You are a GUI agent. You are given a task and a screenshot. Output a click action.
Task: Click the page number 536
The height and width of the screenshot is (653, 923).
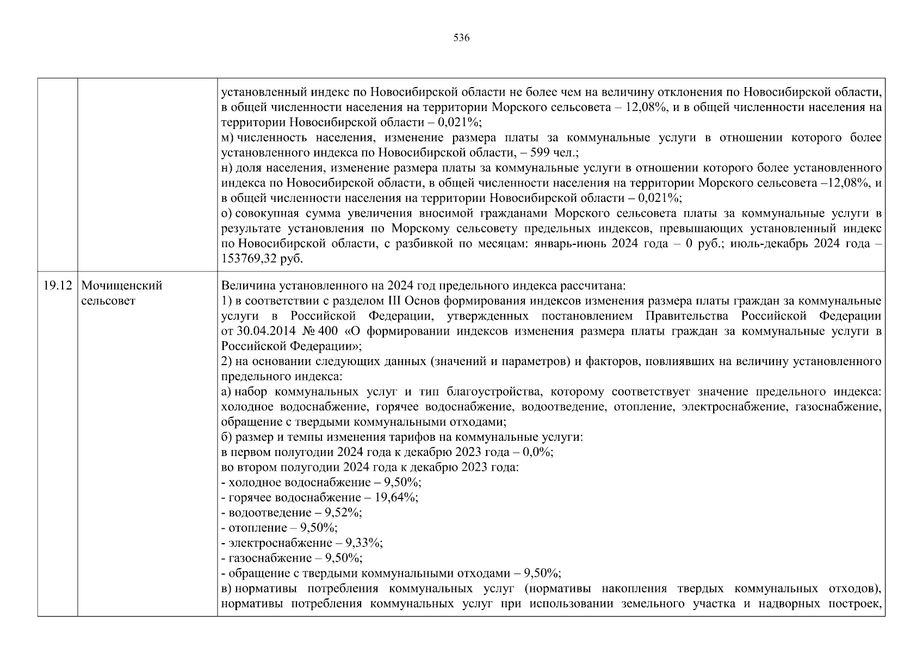(x=461, y=38)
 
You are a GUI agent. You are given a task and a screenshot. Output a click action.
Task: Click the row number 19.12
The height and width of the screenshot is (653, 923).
(x=57, y=286)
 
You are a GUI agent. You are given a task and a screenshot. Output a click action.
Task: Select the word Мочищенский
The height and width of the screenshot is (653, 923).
(x=121, y=286)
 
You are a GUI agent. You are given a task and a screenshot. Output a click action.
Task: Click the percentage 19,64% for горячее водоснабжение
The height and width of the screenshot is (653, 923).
(x=396, y=497)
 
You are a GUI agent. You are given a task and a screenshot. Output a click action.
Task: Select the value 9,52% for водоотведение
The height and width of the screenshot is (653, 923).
(x=343, y=513)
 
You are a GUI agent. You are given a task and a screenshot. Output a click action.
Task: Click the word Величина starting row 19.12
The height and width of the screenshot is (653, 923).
(x=246, y=286)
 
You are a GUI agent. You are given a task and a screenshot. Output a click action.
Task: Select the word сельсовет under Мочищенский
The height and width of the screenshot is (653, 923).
(x=108, y=301)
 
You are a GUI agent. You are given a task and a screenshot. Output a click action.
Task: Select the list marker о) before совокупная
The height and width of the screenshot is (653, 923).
(x=227, y=213)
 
